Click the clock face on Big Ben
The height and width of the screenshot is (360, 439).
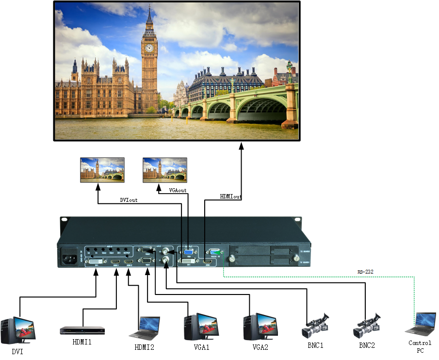[x=149, y=48]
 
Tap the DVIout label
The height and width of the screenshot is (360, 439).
[x=129, y=200]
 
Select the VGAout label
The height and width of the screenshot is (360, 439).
[x=178, y=191]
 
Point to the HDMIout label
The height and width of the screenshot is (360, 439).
[x=231, y=196]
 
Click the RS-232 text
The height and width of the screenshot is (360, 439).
[x=365, y=272]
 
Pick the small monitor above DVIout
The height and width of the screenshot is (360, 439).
[x=102, y=169]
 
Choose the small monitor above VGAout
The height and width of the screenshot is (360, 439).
[x=165, y=169]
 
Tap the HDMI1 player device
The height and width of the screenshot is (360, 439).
[x=82, y=330]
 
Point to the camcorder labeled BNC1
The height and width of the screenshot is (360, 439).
[x=315, y=327]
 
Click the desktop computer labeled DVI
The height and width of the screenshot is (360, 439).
[x=18, y=330]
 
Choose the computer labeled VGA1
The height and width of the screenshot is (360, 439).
[x=199, y=327]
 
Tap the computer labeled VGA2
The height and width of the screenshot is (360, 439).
[x=259, y=327]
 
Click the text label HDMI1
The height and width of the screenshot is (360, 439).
[x=82, y=342]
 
